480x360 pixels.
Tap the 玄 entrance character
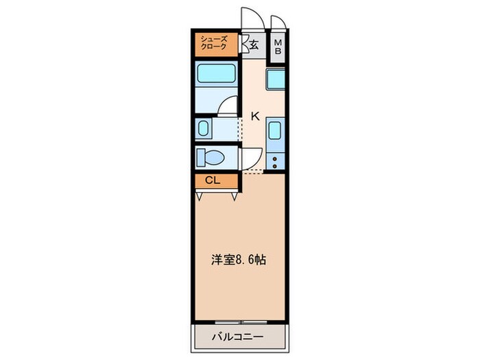point(254,45)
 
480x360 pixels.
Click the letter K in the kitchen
point(254,116)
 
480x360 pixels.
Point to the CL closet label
point(213,181)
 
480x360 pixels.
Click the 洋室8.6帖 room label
point(238,260)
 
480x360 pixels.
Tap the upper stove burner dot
point(275,159)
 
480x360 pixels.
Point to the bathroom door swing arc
point(227,105)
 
